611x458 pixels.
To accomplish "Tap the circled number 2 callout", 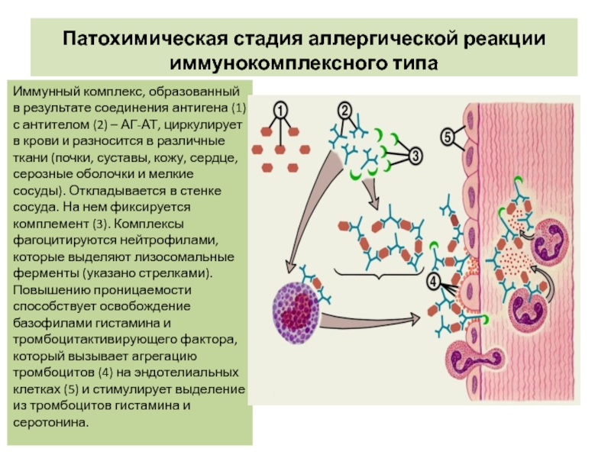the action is [x=344, y=110].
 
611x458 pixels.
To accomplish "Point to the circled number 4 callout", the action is [x=434, y=282].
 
